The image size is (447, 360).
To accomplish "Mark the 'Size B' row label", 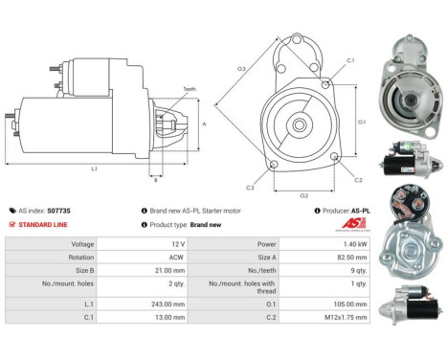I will tap(56, 270).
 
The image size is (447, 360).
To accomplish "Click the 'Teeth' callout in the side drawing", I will tap(190, 89).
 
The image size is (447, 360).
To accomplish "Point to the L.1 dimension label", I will tap(94, 169).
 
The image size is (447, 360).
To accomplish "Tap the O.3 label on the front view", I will tap(241, 68).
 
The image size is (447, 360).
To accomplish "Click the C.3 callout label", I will tap(251, 187).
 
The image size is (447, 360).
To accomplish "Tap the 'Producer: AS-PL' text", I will tap(342, 210).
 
